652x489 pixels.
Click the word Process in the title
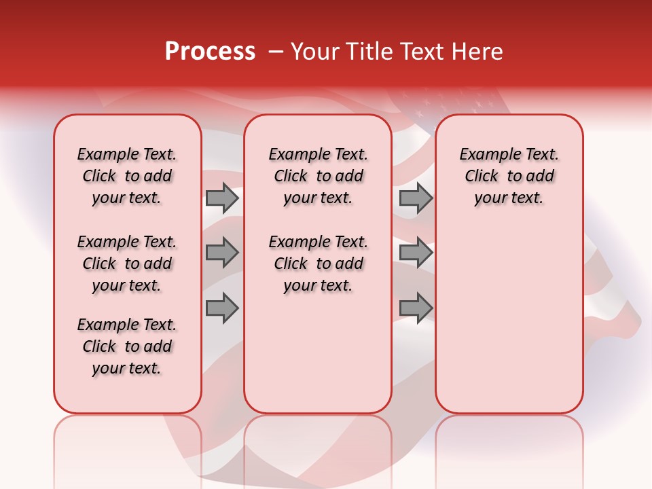point(210,52)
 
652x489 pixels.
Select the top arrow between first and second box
point(222,198)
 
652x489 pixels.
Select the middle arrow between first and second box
point(222,253)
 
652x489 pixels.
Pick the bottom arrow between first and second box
point(222,308)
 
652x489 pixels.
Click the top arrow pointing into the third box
point(416,198)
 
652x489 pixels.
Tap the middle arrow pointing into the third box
point(416,253)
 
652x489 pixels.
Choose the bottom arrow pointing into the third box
point(416,308)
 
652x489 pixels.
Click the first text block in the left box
point(127,176)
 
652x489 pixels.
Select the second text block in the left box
point(127,264)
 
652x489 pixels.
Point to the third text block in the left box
point(127,346)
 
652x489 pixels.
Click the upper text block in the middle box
point(318,176)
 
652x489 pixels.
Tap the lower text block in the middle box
point(318,264)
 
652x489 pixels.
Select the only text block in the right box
point(509,176)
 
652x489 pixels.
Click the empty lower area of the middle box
point(318,353)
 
